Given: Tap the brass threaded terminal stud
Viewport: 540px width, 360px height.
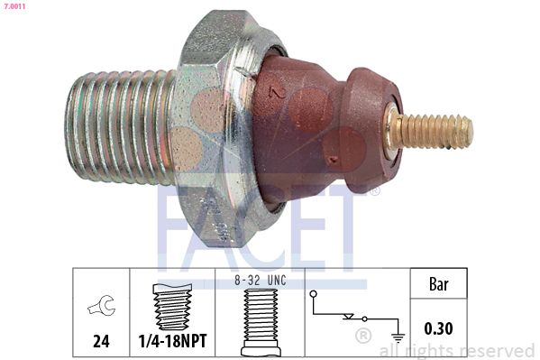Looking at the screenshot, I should pyautogui.click(x=435, y=132).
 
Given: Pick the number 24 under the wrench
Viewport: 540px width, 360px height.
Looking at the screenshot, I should pyautogui.click(x=101, y=342).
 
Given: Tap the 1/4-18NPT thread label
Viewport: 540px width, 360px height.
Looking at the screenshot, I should pyautogui.click(x=172, y=343).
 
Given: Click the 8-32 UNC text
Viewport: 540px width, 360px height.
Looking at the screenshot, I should pyautogui.click(x=260, y=281).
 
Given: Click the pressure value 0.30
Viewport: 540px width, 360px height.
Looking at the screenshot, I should pyautogui.click(x=439, y=329).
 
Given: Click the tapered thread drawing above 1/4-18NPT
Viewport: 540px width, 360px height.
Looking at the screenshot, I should pyautogui.click(x=172, y=307).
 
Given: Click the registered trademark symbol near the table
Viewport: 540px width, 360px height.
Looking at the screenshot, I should pyautogui.click(x=364, y=337).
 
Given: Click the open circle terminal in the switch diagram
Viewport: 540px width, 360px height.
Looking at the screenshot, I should pyautogui.click(x=312, y=294).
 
